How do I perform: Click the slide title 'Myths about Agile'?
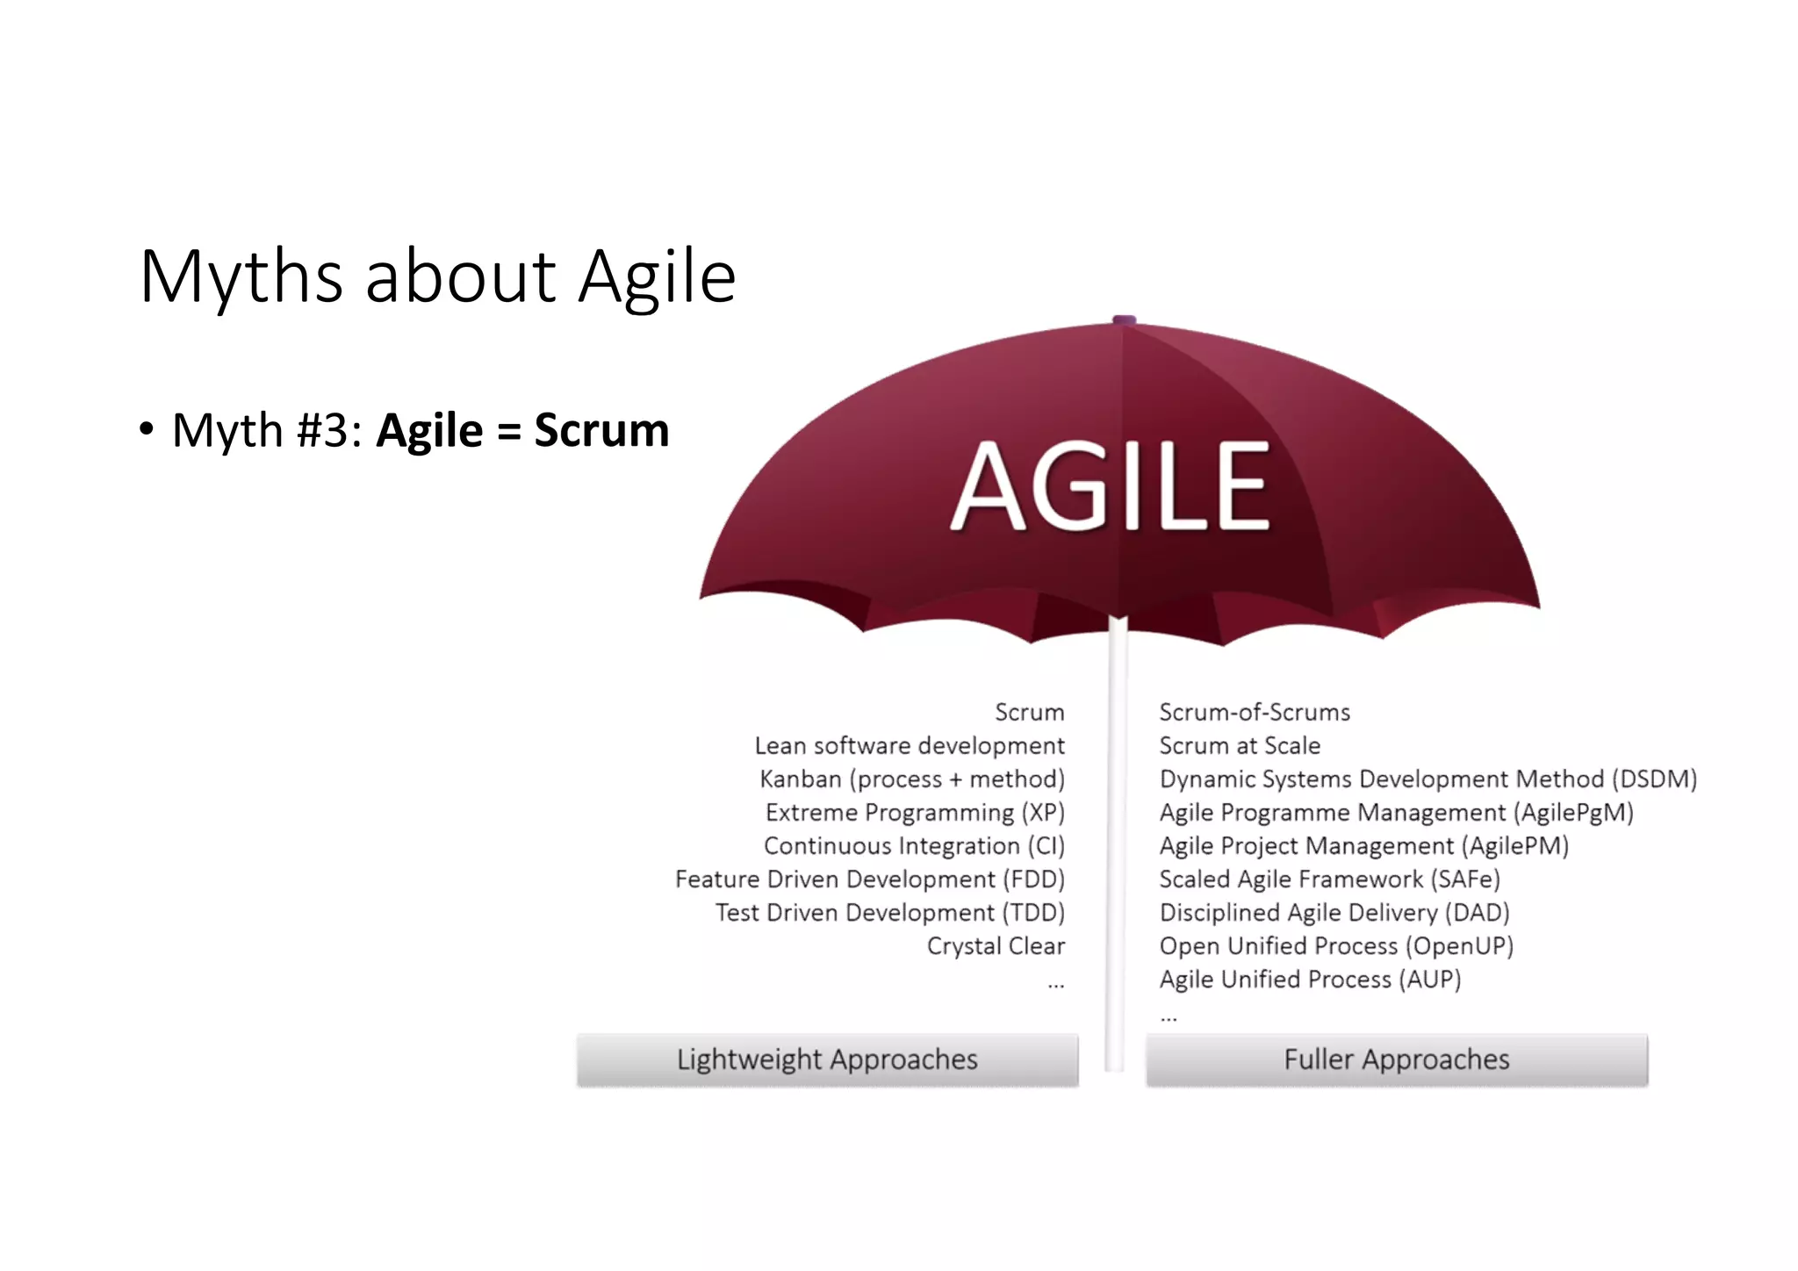[x=437, y=276]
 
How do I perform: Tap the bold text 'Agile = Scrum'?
[x=522, y=430]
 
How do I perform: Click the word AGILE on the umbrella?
[x=1111, y=487]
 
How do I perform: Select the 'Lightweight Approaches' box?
[x=827, y=1059]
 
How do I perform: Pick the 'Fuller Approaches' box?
[x=1396, y=1059]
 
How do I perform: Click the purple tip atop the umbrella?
[x=1124, y=320]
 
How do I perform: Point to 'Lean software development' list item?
[x=910, y=746]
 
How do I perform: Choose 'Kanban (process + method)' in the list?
[x=912, y=779]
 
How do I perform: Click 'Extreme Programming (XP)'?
[x=915, y=813]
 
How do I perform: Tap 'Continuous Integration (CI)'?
[x=914, y=846]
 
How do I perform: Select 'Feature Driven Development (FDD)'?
[x=869, y=880]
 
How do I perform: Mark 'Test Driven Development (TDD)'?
[x=889, y=913]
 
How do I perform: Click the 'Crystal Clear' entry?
[x=996, y=946]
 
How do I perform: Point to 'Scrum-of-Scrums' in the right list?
[x=1255, y=713]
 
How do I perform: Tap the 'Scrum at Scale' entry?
[x=1240, y=746]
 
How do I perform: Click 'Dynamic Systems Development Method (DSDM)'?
[x=1428, y=779]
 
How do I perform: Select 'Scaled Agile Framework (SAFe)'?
[x=1329, y=880]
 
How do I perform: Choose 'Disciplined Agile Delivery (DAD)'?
[x=1334, y=913]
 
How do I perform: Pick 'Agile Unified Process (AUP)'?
[x=1310, y=980]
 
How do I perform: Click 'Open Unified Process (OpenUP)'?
[x=1336, y=946]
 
